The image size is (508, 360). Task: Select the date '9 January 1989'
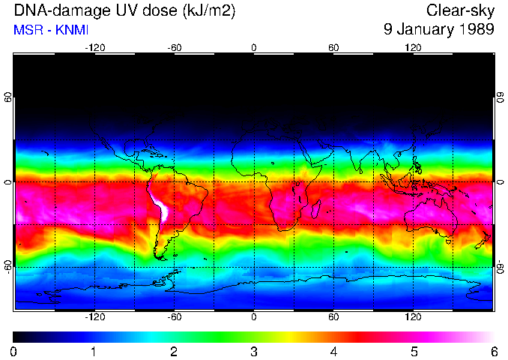tap(438, 30)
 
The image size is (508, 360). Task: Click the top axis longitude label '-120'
tap(94, 47)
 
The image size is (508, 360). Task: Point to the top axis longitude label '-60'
tap(175, 47)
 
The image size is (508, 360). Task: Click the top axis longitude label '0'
tap(254, 47)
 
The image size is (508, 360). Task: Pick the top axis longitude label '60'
tap(333, 47)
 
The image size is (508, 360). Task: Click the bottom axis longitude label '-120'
tap(94, 317)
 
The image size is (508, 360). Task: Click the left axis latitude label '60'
tap(8, 97)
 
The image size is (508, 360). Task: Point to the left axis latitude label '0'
tap(8, 182)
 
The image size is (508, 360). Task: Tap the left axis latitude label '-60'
tap(8, 266)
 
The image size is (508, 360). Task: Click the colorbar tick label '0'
tap(14, 351)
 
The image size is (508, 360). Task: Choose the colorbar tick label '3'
tap(254, 351)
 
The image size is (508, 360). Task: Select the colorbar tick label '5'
tap(414, 351)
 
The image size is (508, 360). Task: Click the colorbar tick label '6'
tap(493, 351)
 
